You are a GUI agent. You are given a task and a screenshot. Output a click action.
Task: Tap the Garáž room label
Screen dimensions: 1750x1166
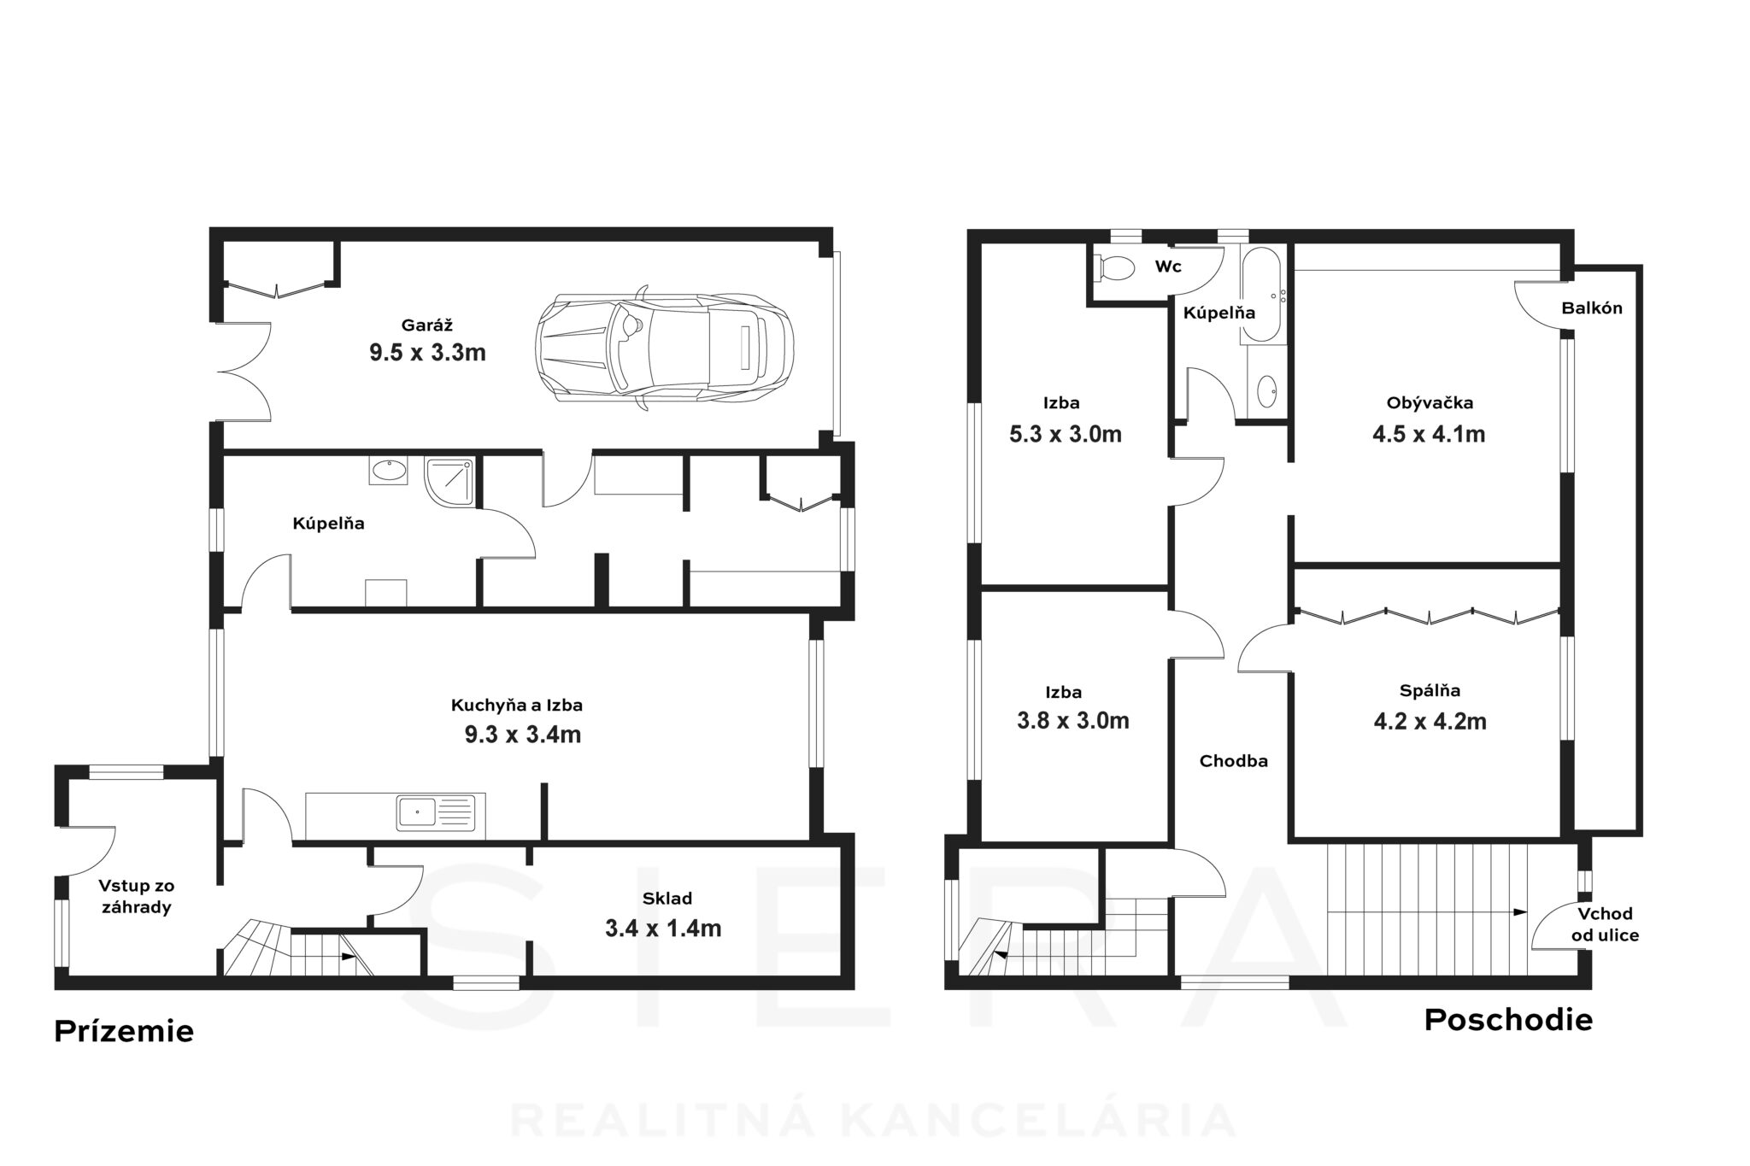pos(426,325)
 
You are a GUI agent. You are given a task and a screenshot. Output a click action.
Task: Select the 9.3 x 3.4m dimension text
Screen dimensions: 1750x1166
pos(523,735)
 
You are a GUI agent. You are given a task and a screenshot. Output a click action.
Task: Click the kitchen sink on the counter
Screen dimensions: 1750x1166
pos(436,812)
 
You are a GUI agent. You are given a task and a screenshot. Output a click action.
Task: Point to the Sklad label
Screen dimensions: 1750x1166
pos(667,899)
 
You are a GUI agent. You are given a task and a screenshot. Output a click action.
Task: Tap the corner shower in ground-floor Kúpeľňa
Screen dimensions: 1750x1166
pos(449,481)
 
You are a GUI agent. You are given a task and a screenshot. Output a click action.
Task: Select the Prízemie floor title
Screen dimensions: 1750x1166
pos(124,1031)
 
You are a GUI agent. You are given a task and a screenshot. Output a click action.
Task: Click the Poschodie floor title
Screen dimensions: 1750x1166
pos(1508,1020)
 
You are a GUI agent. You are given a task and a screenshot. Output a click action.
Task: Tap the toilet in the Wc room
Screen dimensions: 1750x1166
pos(1114,267)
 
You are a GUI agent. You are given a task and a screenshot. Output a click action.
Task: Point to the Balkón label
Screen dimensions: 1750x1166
pos(1592,308)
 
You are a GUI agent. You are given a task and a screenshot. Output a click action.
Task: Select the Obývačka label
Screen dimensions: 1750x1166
pos(1430,403)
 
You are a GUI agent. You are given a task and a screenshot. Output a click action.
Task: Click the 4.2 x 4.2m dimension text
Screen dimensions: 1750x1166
pos(1430,722)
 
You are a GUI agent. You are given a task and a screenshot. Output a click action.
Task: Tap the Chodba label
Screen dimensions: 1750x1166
pos(1234,761)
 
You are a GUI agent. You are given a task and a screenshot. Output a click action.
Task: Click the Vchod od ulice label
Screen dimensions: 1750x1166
pos(1606,924)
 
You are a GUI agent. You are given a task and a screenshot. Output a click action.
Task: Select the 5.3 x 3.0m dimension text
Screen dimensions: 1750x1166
pos(1066,434)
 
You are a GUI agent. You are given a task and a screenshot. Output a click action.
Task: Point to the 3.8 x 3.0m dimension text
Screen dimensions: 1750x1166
pos(1073,721)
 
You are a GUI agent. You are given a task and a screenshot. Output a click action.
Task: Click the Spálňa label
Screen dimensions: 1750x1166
pos(1430,691)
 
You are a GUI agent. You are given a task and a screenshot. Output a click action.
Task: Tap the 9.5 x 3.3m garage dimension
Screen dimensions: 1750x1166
pos(427,352)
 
